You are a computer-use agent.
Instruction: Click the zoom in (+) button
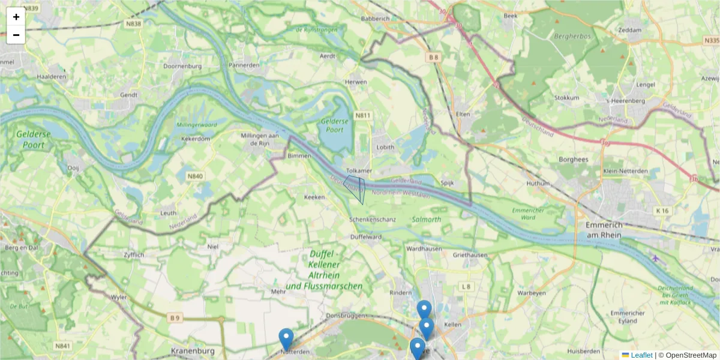[16, 17]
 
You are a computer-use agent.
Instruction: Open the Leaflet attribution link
[641, 355]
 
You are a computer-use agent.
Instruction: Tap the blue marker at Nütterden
[286, 338]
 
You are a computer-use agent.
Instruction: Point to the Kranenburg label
[193, 350]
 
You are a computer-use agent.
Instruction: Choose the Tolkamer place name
[359, 170]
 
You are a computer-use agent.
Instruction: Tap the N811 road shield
[363, 115]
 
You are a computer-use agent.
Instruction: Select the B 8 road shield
[434, 57]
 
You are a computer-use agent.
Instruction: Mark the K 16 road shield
[662, 211]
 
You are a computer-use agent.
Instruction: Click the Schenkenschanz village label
[373, 220]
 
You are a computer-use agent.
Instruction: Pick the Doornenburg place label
[181, 65]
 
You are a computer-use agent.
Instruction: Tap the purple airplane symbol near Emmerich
[655, 258]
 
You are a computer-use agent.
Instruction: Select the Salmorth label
[427, 220]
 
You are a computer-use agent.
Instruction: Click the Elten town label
[463, 114]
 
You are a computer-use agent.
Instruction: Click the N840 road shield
[195, 176]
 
